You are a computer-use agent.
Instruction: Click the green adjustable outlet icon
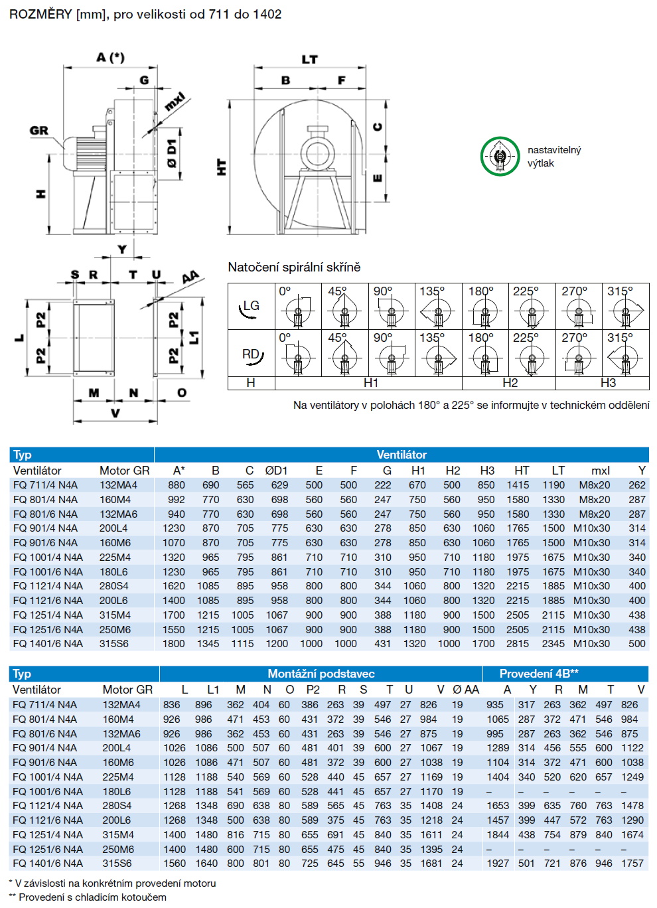click(x=500, y=156)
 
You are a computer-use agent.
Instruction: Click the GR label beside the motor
click(x=39, y=130)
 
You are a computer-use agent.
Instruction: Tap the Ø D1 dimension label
click(x=172, y=153)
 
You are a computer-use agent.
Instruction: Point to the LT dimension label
click(x=309, y=60)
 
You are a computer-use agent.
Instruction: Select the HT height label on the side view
click(x=222, y=167)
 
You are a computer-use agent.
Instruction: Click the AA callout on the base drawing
click(x=190, y=277)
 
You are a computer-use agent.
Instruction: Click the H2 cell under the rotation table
click(x=510, y=383)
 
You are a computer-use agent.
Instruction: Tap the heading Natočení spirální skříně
click(x=294, y=267)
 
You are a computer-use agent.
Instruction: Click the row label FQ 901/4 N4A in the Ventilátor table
click(x=45, y=528)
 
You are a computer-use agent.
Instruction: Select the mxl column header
click(x=600, y=470)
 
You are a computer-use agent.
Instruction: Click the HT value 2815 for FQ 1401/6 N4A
click(x=518, y=643)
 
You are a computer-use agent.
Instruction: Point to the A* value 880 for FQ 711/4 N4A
click(x=177, y=485)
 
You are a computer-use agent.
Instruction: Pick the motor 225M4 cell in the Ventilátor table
click(x=115, y=557)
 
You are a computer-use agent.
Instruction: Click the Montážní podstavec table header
click(x=321, y=674)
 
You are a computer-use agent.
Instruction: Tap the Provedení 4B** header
click(x=539, y=674)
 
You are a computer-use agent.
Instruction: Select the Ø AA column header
click(x=465, y=690)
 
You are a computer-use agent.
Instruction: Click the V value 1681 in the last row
click(x=431, y=864)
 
